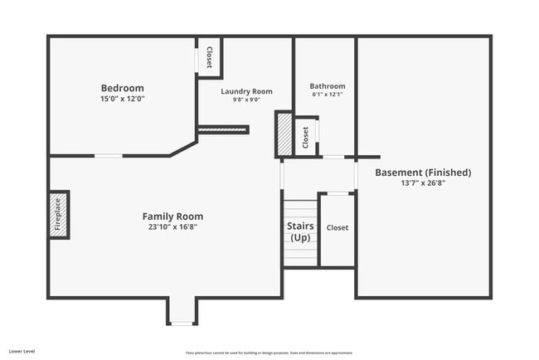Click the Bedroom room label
pyautogui.click(x=122, y=89)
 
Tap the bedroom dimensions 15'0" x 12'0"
pyautogui.click(x=122, y=100)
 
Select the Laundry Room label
pyautogui.click(x=246, y=91)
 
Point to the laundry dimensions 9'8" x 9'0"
pyautogui.click(x=246, y=100)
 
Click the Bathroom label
pyautogui.click(x=328, y=86)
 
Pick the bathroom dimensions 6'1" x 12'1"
pyautogui.click(x=328, y=95)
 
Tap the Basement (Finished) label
pyautogui.click(x=423, y=173)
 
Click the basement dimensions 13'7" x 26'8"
pyautogui.click(x=423, y=184)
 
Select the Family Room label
pyautogui.click(x=173, y=216)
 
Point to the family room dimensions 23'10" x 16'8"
pyautogui.click(x=173, y=226)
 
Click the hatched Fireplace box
pyautogui.click(x=58, y=215)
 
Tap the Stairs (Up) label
pyautogui.click(x=300, y=231)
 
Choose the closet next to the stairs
pyautogui.click(x=337, y=228)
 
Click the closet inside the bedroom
pyautogui.click(x=209, y=57)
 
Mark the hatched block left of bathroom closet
pyautogui.click(x=284, y=134)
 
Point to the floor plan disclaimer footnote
pyautogui.click(x=269, y=353)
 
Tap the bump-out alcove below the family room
pyautogui.click(x=182, y=310)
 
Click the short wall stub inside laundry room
pyautogui.click(x=223, y=129)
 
